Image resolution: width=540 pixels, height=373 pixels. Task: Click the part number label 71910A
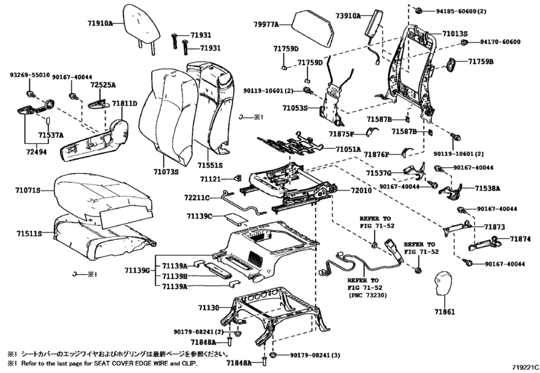point(100,23)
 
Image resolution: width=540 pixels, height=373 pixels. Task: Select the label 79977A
point(266,24)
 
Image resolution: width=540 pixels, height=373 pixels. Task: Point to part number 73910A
point(348,15)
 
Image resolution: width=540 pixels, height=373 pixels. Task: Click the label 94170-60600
point(501,42)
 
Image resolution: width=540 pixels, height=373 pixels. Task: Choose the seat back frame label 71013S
point(455,34)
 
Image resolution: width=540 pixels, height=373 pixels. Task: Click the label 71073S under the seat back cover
point(166,171)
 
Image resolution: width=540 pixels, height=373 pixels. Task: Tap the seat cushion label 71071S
point(27,190)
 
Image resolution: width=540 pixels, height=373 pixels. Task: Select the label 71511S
point(29,234)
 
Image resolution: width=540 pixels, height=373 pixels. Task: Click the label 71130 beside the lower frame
point(208,307)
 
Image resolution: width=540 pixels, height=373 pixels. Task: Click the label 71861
point(445,312)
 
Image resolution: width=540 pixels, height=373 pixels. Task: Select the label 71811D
point(125,103)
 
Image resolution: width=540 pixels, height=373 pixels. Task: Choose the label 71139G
point(137,270)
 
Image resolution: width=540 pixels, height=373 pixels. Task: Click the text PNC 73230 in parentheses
point(368,295)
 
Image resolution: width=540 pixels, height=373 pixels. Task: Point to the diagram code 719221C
point(525,367)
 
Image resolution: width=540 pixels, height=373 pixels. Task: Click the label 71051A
point(348,149)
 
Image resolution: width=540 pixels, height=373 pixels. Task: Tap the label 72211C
point(196,198)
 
